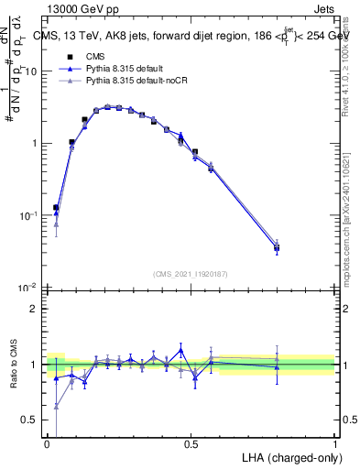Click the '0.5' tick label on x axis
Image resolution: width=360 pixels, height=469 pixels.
(x=191, y=444)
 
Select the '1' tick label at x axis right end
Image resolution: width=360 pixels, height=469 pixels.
(x=335, y=444)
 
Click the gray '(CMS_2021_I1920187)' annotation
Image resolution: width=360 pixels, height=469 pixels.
(x=191, y=273)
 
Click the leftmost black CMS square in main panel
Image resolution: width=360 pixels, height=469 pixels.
(x=56, y=208)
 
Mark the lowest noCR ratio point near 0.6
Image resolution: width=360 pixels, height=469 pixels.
(x=56, y=406)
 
